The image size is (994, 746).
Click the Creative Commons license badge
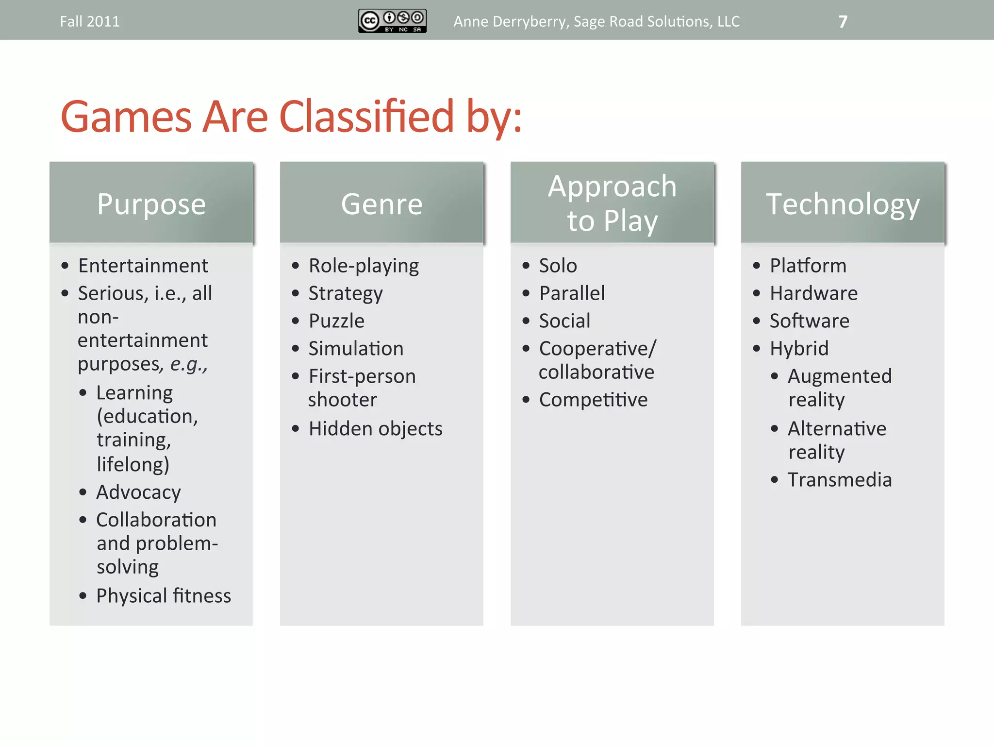[392, 21]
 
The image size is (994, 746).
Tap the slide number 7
[843, 22]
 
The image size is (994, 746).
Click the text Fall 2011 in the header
[90, 22]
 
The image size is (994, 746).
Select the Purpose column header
[151, 203]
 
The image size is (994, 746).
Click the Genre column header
[381, 203]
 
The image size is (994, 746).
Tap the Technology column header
[843, 203]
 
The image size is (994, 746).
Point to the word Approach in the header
[612, 186]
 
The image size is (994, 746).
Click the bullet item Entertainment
[143, 266]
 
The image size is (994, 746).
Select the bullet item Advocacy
[138, 492]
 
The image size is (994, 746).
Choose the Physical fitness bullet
[164, 595]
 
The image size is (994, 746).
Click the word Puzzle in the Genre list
[336, 321]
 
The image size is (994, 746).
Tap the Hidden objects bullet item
[375, 428]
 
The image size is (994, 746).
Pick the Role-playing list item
[364, 266]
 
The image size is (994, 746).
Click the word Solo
[558, 266]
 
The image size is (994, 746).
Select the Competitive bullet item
[593, 400]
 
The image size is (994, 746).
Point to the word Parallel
[572, 293]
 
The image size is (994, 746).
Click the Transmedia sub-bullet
[840, 480]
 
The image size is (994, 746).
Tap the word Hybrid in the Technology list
[799, 349]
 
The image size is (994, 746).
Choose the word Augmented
[840, 376]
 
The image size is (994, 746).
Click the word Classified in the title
[367, 117]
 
